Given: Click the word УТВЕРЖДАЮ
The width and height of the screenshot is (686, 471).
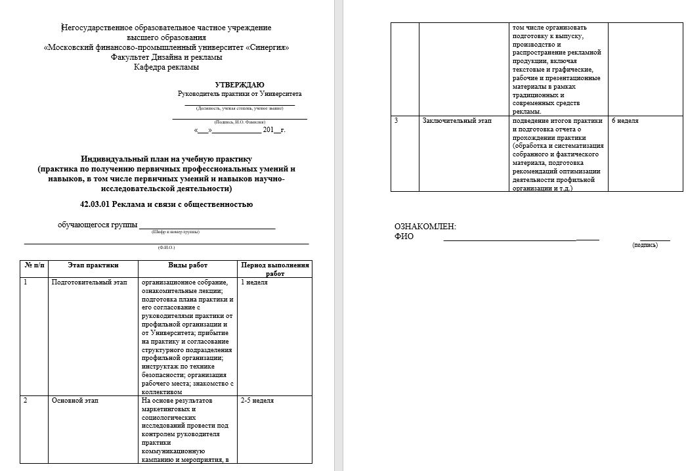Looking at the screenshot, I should (240, 85).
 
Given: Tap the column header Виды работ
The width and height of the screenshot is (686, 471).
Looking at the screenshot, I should (188, 265).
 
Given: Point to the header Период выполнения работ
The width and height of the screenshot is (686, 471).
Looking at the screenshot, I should (275, 269).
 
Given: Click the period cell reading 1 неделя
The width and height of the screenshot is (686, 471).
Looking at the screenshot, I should (255, 282).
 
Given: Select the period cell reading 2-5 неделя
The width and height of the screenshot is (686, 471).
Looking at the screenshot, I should (257, 401).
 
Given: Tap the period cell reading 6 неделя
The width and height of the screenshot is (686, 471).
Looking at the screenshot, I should (625, 121).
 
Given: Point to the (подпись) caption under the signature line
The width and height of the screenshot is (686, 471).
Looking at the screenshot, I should (645, 244).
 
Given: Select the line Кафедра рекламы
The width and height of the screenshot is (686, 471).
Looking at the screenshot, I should (167, 67).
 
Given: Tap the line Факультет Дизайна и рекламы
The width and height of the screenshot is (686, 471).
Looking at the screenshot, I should (167, 57).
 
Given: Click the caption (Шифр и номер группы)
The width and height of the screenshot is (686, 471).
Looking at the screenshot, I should (175, 232).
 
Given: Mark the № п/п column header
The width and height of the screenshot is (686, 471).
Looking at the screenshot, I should (35, 265).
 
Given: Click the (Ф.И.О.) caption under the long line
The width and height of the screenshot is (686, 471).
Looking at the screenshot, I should (167, 248).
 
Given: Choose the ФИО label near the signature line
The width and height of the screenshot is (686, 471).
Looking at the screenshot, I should (404, 236).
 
